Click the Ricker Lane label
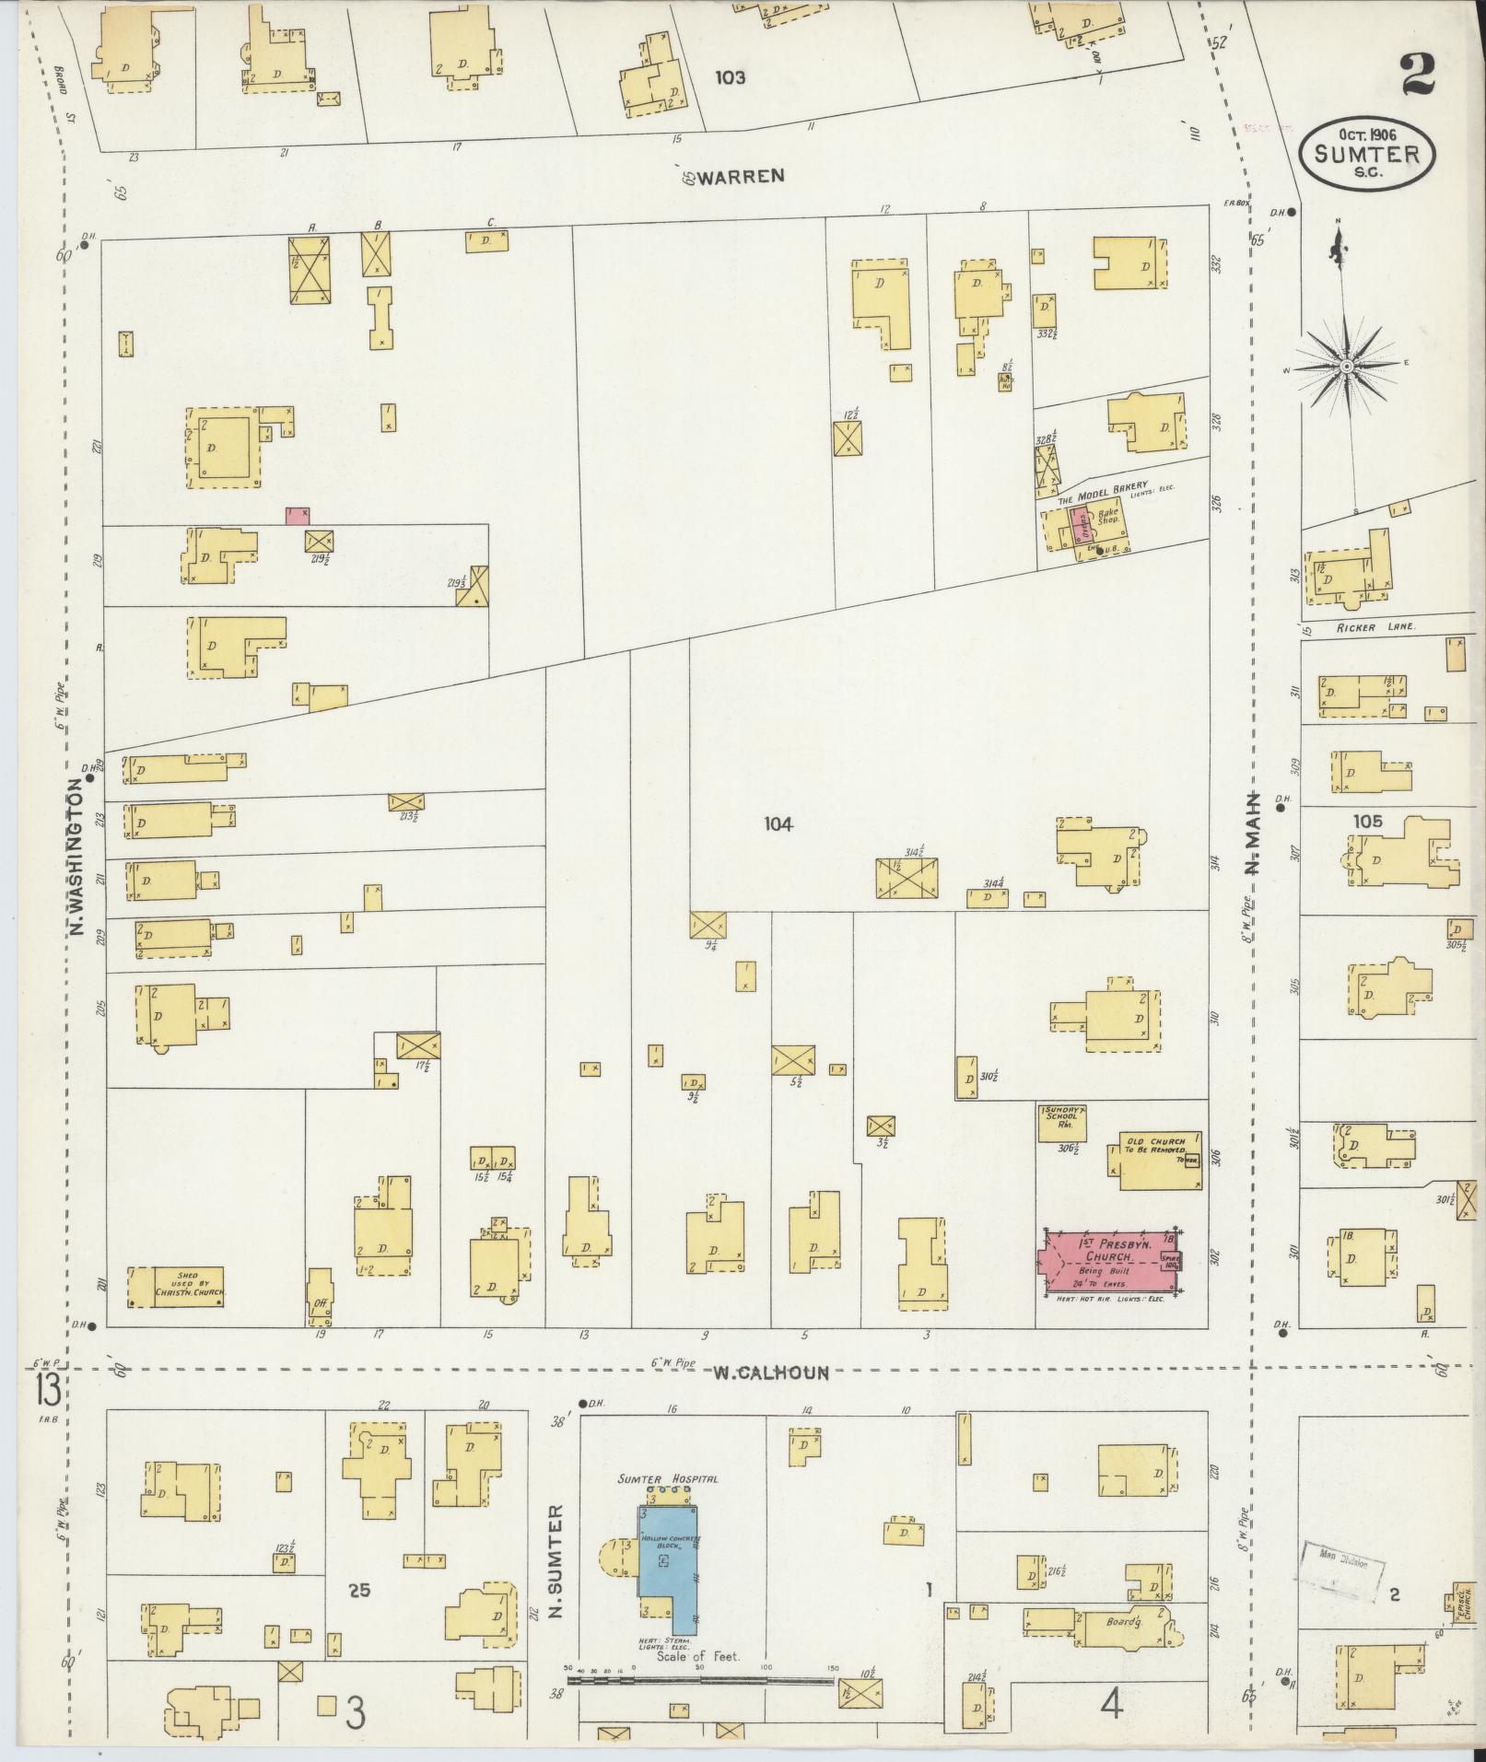(x=1368, y=627)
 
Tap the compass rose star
(x=1346, y=367)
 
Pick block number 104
(x=778, y=824)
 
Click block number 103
(x=730, y=78)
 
